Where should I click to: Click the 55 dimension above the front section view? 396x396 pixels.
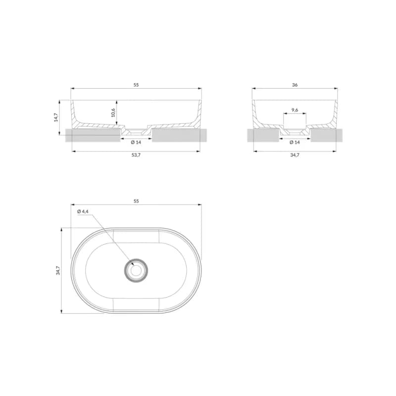point(136,85)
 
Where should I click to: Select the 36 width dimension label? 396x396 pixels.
point(295,85)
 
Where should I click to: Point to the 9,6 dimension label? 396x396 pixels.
point(295,110)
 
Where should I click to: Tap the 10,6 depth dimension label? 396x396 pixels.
point(113,113)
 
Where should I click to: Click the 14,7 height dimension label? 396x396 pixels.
point(56,117)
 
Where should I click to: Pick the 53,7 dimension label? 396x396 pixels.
point(136,155)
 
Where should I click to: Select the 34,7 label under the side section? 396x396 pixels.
point(295,155)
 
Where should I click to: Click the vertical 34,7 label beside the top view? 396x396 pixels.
point(58,270)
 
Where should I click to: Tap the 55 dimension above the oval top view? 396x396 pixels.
point(136,201)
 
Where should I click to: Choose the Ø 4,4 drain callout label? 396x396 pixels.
point(83,211)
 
